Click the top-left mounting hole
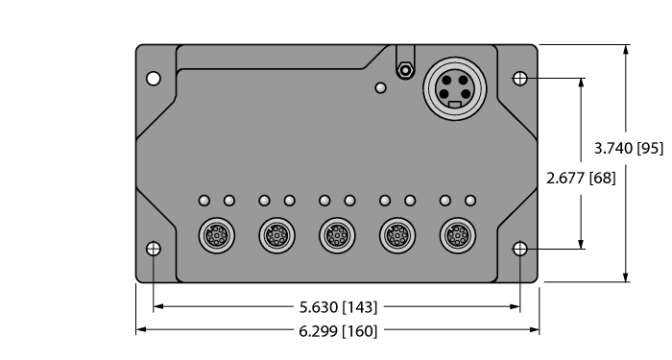pyautogui.click(x=154, y=78)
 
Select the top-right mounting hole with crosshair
pyautogui.click(x=520, y=78)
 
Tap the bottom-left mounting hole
pyautogui.click(x=154, y=249)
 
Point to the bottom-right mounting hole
pyautogui.click(x=520, y=249)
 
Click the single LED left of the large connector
pyautogui.click(x=381, y=88)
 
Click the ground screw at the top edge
pyautogui.click(x=406, y=70)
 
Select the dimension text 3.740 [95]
pyautogui.click(x=629, y=148)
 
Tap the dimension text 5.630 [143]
pyautogui.click(x=336, y=307)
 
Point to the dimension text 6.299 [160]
pyautogui.click(x=336, y=331)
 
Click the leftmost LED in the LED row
pyautogui.click(x=204, y=201)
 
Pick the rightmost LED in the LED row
pyautogui.click(x=470, y=201)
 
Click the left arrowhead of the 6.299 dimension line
pyautogui.click(x=140, y=330)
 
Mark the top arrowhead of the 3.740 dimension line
pyautogui.click(x=627, y=49)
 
